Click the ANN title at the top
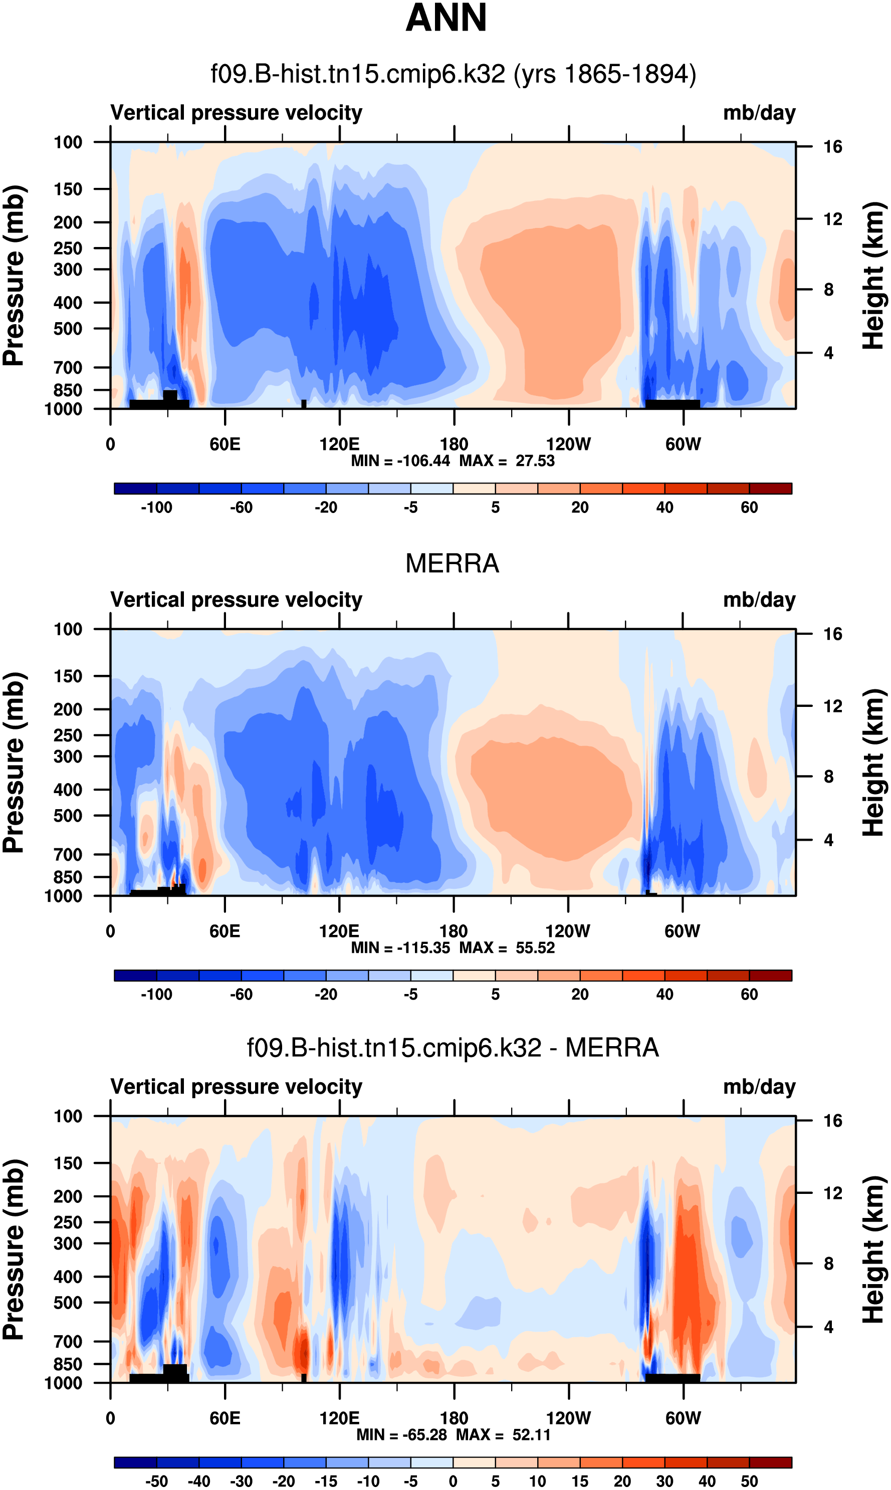click(x=446, y=18)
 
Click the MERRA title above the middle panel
click(x=452, y=564)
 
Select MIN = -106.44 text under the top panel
click(x=400, y=461)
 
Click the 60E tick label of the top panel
click(x=225, y=445)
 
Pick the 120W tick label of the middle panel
click(x=567, y=931)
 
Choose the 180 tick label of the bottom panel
click(x=454, y=1418)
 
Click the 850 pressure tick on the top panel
click(x=68, y=390)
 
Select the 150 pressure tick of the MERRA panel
click(x=68, y=676)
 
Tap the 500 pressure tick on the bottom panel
click(x=68, y=1286)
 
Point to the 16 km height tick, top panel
click(x=832, y=146)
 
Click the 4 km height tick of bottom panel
click(x=828, y=1327)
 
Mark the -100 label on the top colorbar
click(x=156, y=508)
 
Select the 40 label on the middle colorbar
click(x=664, y=995)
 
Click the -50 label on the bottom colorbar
click(x=156, y=1481)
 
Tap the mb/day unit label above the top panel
click(x=759, y=113)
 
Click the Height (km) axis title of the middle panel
click(x=873, y=762)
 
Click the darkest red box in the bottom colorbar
click(x=770, y=1462)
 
